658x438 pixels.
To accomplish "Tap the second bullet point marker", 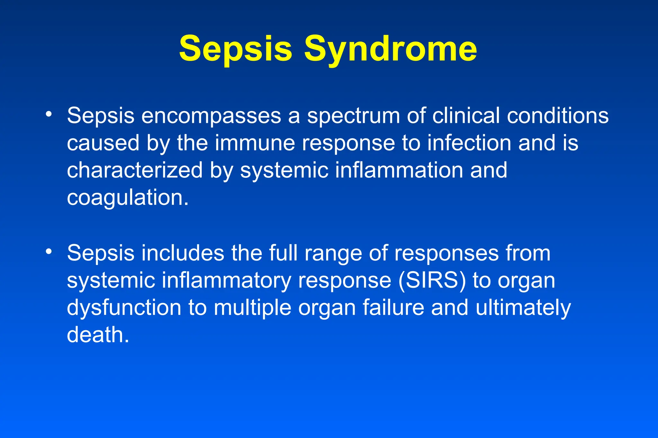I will tap(49, 252).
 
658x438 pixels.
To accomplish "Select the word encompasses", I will tap(211, 116).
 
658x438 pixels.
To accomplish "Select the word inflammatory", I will tap(226, 281).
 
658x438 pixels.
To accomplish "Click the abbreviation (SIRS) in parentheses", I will tap(432, 281).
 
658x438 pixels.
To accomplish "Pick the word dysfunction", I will tap(124, 308).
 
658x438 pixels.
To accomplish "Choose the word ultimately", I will tap(523, 308).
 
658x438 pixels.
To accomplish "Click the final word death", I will tap(98, 335).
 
